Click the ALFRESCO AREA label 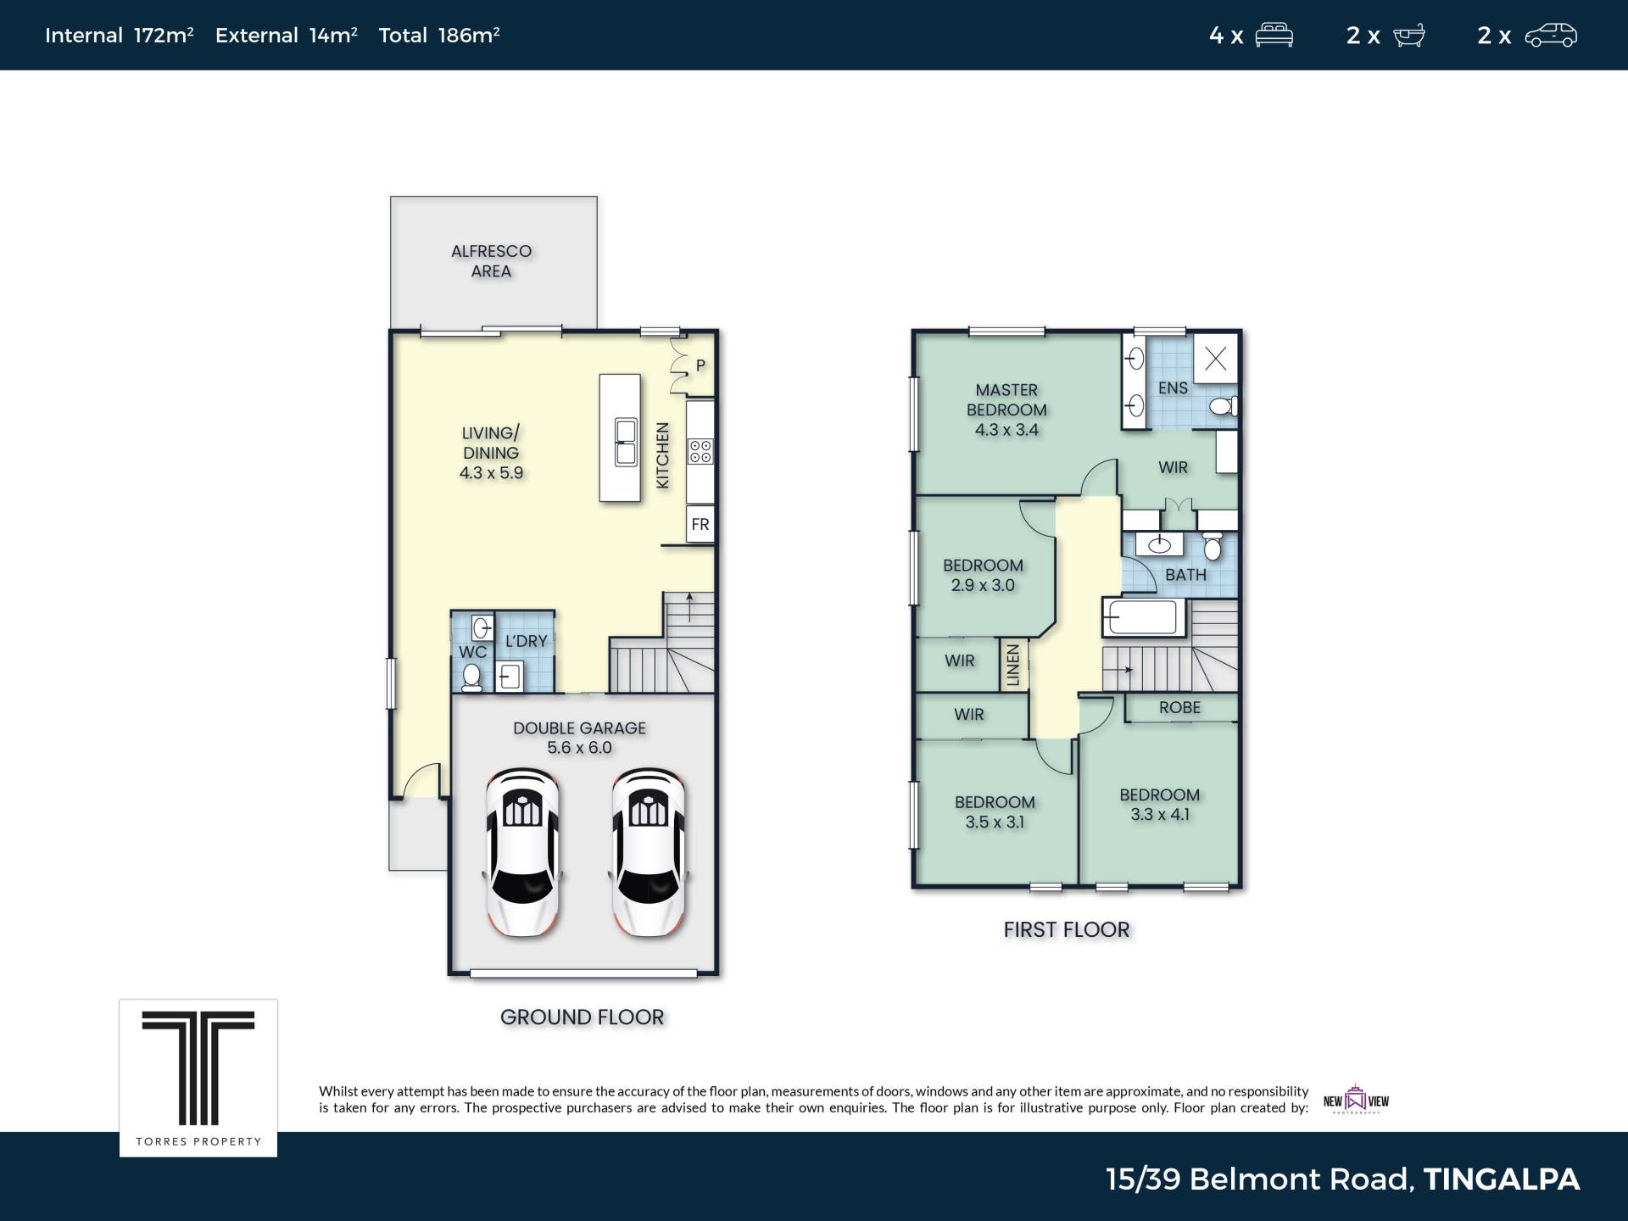[491, 261]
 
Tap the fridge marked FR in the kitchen [700, 524]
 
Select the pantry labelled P [700, 365]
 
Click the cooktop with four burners [700, 451]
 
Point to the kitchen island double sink [626, 443]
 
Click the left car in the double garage [521, 852]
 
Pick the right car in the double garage [649, 852]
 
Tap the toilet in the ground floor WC [471, 677]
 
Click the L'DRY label [526, 641]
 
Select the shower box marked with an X [1215, 359]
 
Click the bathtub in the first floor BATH [1143, 617]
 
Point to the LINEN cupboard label [1013, 665]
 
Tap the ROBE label [1179, 707]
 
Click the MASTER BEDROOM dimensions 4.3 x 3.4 [1006, 430]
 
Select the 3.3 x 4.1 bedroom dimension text [1159, 815]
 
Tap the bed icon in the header [1274, 36]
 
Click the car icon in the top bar [1551, 36]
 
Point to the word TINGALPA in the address [1501, 1179]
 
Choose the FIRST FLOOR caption [1067, 930]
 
